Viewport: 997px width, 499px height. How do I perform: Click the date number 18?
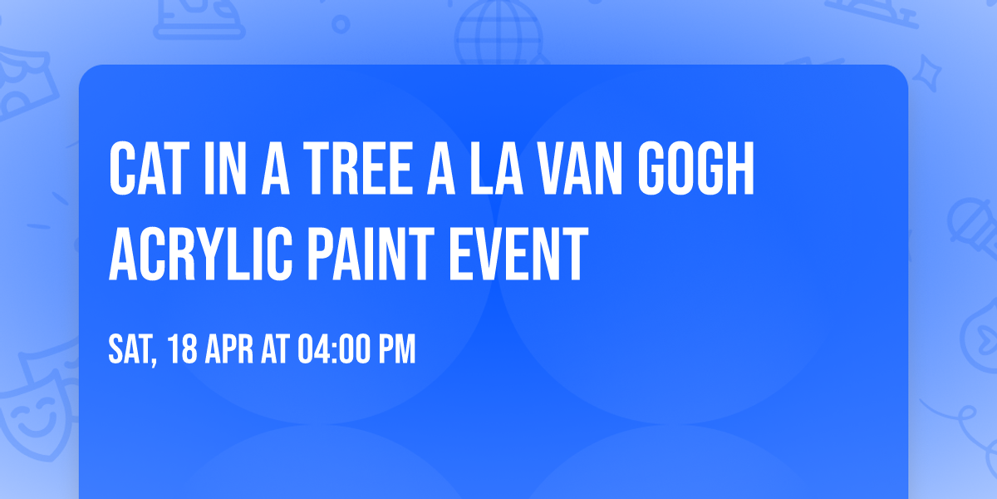pyautogui.click(x=184, y=350)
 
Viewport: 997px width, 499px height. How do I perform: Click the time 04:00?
pyautogui.click(x=334, y=350)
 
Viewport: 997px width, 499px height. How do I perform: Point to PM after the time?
pyautogui.click(x=397, y=350)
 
